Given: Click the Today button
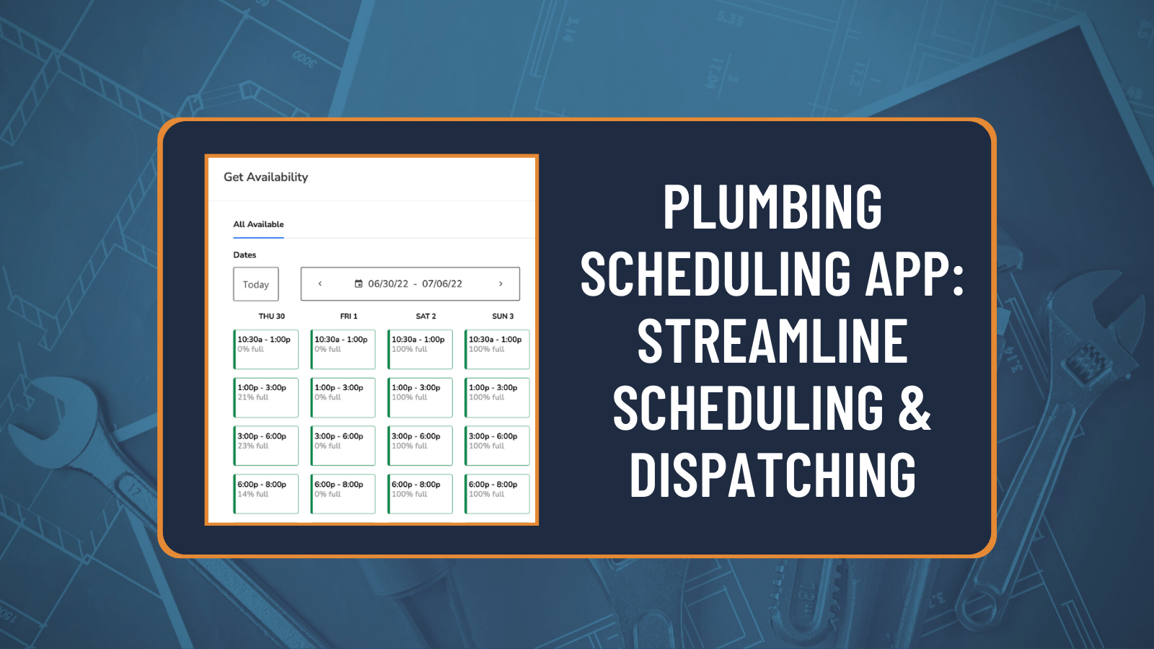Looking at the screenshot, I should click(x=255, y=284).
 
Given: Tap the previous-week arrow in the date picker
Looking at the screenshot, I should click(x=320, y=284).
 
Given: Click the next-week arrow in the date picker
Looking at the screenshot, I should click(x=501, y=284).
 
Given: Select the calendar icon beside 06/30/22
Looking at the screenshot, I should click(x=358, y=284).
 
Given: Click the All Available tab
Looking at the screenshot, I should click(x=258, y=224).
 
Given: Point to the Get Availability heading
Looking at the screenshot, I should click(x=265, y=177).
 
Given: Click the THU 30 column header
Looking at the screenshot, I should click(x=271, y=317).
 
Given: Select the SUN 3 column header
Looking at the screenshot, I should click(x=503, y=317).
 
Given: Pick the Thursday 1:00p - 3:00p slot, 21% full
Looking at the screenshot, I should click(x=266, y=397).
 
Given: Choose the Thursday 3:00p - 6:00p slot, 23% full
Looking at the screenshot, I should click(x=266, y=446).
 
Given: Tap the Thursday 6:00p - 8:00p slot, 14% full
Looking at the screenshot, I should click(x=266, y=494).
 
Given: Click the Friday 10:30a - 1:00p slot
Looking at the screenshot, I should click(x=343, y=349).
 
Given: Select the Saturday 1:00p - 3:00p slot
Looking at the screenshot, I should click(x=420, y=397).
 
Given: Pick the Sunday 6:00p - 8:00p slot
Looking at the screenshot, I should click(x=498, y=494).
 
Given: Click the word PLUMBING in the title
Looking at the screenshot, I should click(x=772, y=208).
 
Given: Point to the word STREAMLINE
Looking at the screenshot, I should click(x=772, y=342).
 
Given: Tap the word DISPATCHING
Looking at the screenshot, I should click(x=772, y=476).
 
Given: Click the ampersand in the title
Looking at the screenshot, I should click(x=915, y=408).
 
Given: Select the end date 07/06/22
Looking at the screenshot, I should click(x=442, y=284).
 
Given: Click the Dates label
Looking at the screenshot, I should click(x=245, y=255).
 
